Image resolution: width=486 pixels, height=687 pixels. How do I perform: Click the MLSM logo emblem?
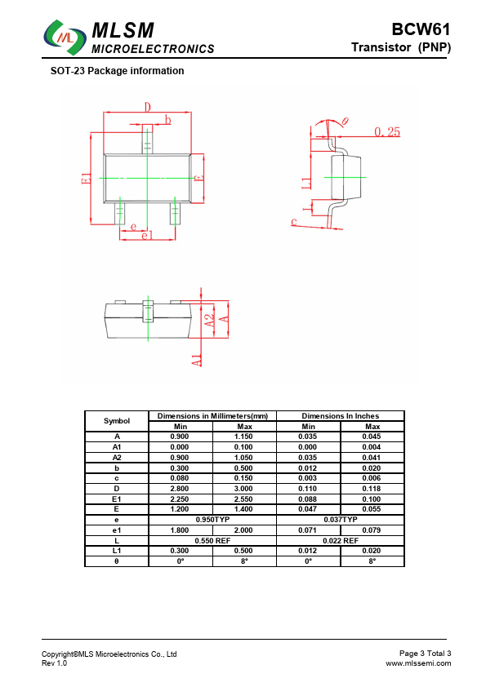(x=65, y=38)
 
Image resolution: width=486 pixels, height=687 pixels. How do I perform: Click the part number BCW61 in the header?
(x=421, y=29)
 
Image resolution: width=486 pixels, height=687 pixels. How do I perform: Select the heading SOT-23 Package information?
(x=117, y=71)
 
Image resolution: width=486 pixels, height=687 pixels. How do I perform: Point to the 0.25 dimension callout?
(x=387, y=132)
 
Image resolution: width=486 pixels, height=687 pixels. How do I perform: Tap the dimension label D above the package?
(x=148, y=107)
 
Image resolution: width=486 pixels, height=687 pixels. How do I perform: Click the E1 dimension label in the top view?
(x=87, y=179)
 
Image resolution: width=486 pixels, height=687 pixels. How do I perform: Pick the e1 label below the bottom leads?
(x=147, y=235)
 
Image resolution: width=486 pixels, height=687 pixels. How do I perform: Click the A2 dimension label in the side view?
(x=210, y=321)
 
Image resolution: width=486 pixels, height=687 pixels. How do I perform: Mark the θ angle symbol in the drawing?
(x=346, y=121)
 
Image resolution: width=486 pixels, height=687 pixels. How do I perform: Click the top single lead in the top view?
(x=147, y=139)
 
